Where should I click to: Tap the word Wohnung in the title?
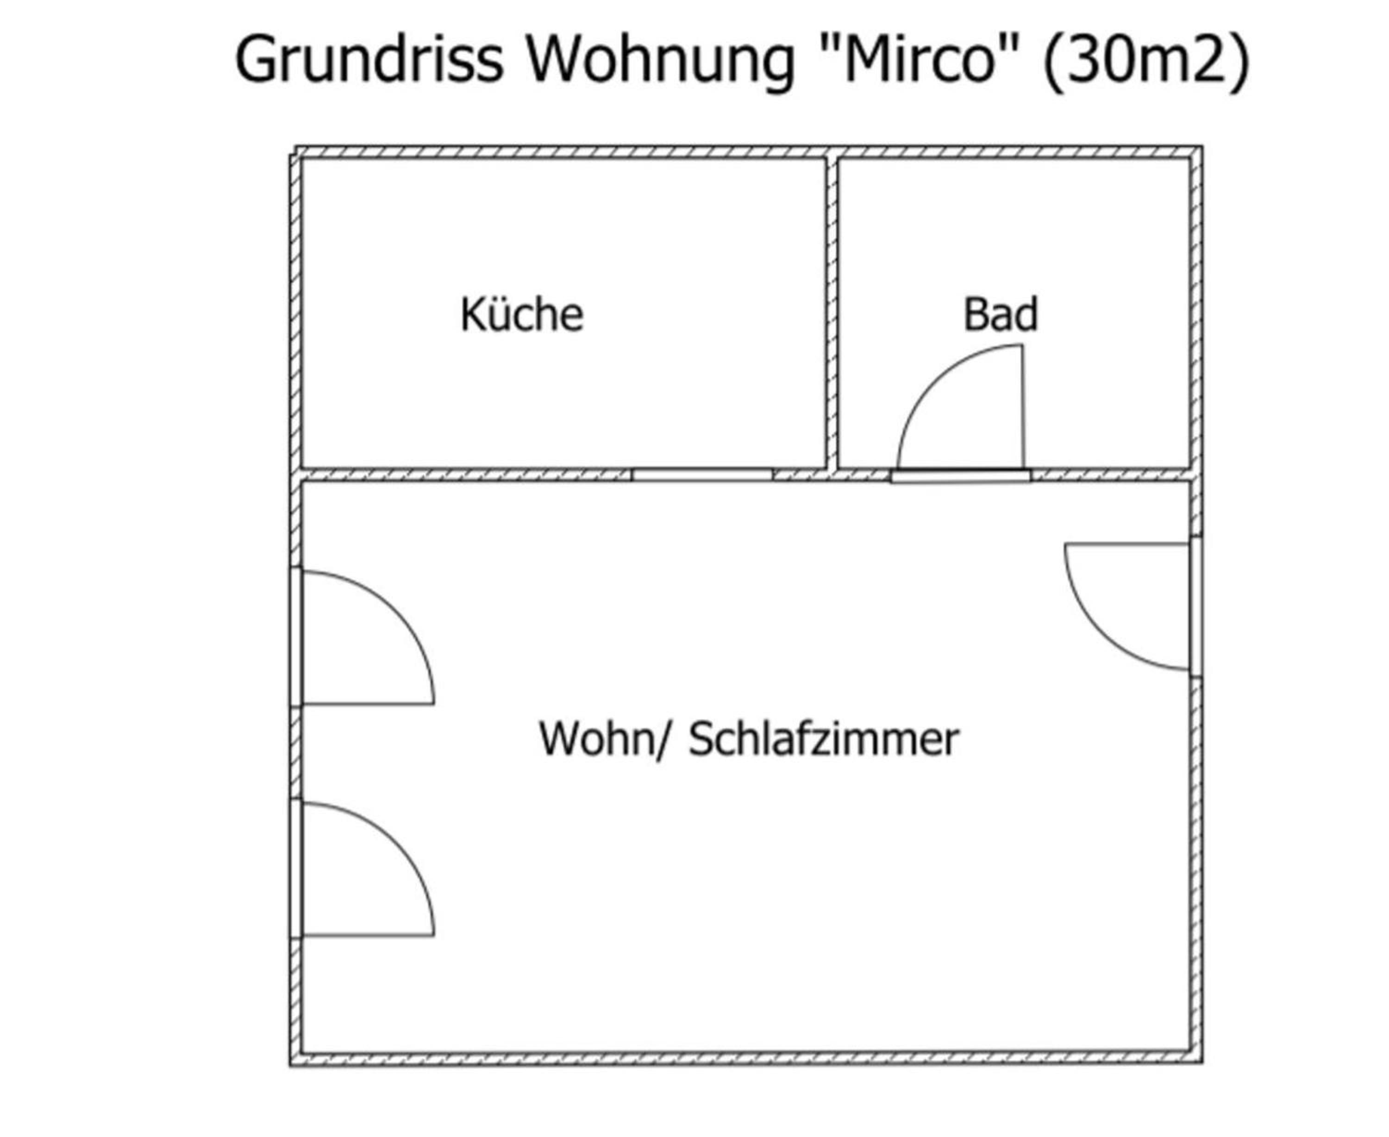pyautogui.click(x=661, y=60)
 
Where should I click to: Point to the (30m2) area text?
pyautogui.click(x=1145, y=60)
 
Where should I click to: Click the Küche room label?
pyautogui.click(x=521, y=314)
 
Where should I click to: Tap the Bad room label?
pyautogui.click(x=1000, y=314)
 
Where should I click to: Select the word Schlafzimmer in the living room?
pyautogui.click(x=823, y=739)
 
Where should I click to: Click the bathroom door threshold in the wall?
pyautogui.click(x=961, y=476)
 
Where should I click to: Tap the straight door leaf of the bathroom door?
pyautogui.click(x=1023, y=407)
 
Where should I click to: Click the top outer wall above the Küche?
pyautogui.click(x=561, y=152)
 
